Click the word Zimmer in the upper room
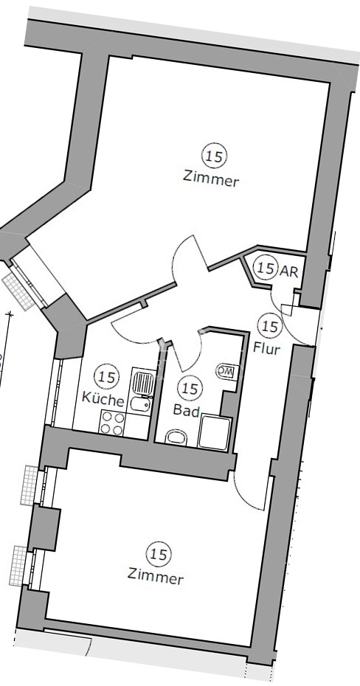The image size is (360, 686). (211, 179)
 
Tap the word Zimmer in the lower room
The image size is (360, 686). (156, 576)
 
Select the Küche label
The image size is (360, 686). (103, 399)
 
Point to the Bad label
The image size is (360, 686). (187, 410)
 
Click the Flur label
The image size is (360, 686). (266, 349)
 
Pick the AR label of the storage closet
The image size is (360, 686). (288, 271)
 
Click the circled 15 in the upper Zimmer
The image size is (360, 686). (215, 156)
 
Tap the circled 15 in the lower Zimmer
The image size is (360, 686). (159, 554)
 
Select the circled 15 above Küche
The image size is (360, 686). (107, 377)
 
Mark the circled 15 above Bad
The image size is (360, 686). (190, 387)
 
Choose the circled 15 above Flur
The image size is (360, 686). (270, 326)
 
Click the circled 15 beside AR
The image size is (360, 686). (266, 268)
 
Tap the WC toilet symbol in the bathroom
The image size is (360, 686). (226, 372)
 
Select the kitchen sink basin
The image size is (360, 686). (141, 404)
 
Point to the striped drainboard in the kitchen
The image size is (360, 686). (143, 384)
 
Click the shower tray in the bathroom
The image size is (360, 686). (215, 433)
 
